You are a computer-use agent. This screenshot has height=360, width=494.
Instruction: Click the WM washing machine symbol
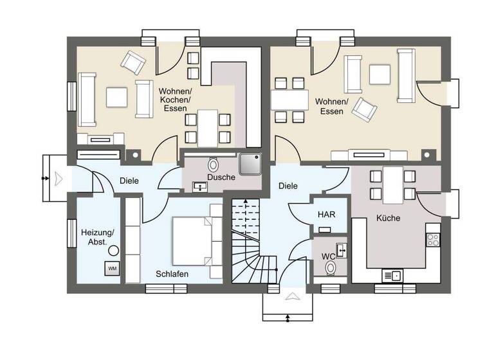[x=112, y=267]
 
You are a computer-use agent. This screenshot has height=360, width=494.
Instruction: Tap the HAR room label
[x=324, y=213]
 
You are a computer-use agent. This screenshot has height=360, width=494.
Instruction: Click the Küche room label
[x=388, y=218]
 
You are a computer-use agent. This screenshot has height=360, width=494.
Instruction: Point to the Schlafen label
[x=172, y=274]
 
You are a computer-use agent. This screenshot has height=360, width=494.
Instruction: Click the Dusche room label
[x=220, y=177]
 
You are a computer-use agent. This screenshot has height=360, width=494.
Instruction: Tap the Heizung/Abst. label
[x=97, y=237]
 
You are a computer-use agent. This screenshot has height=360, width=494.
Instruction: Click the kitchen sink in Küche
[x=392, y=276]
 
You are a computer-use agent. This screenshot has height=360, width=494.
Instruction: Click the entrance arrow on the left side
[x=59, y=177]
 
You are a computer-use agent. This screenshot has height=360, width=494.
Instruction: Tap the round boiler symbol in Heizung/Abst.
[x=113, y=249]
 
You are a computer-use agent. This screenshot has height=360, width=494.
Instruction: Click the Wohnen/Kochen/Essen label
[x=174, y=100]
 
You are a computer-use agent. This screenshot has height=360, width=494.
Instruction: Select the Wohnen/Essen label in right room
[x=332, y=106]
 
